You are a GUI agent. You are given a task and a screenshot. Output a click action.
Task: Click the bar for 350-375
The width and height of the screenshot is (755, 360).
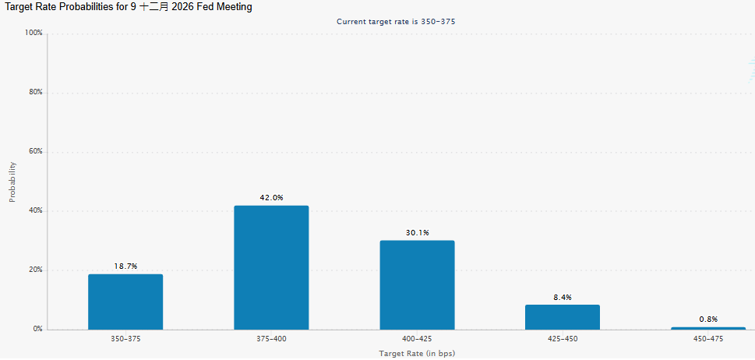[x=125, y=302]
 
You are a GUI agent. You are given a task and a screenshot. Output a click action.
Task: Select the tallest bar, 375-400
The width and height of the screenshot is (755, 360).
[x=271, y=267]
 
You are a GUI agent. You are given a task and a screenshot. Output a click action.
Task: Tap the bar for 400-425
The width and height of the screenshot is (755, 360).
[x=417, y=285]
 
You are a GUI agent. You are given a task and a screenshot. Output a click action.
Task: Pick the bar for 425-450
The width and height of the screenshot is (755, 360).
[x=563, y=317]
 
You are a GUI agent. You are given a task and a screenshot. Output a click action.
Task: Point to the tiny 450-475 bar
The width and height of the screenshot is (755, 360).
[x=708, y=328]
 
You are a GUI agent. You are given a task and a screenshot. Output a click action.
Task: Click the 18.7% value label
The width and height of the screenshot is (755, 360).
[x=125, y=266]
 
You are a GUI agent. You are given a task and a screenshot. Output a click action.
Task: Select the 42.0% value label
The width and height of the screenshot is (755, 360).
[x=272, y=197]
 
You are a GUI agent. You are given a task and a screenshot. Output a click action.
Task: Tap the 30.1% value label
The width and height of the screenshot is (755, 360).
[x=417, y=233]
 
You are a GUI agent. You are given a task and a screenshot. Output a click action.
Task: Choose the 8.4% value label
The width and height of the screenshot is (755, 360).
[x=563, y=298]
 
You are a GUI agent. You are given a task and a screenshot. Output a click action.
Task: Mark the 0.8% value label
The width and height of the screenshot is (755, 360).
[x=708, y=319]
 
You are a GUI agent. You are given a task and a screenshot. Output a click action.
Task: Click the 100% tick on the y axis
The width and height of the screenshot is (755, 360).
[x=34, y=33]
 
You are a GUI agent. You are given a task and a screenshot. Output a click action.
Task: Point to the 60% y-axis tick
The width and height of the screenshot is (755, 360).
[x=36, y=151]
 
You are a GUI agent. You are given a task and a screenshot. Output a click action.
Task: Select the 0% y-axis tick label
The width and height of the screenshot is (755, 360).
[x=38, y=329]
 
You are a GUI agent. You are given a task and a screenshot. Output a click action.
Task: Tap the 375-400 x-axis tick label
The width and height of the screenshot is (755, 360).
[x=272, y=339]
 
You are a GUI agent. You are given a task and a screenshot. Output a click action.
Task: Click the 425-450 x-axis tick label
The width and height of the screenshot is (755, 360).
[x=563, y=339]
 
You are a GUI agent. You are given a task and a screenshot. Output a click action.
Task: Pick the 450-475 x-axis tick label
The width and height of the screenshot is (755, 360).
[x=708, y=339]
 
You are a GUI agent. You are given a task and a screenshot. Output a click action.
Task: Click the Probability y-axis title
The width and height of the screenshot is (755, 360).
[x=12, y=182]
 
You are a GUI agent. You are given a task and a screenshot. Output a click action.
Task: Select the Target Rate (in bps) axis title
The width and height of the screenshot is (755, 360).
[x=417, y=354]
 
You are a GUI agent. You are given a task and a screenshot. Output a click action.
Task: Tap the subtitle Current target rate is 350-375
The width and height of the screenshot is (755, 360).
[x=396, y=22]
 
